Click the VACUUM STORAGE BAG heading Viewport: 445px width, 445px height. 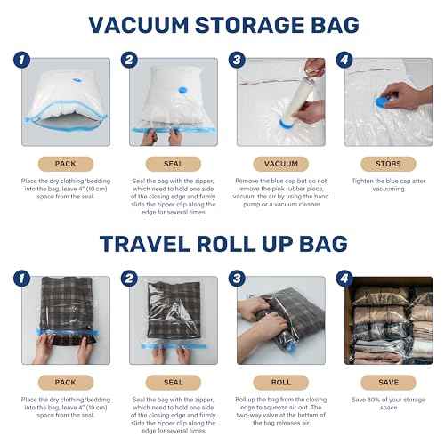pos(222,24)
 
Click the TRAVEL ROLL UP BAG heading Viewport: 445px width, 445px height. pos(222,243)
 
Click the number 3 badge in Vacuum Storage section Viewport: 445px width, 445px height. pos(236,61)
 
